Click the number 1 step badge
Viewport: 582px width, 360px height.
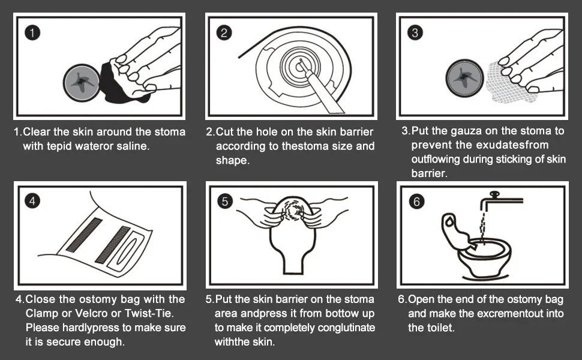click(32, 32)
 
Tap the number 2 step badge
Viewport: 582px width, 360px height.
click(224, 32)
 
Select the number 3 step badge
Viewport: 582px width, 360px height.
click(415, 32)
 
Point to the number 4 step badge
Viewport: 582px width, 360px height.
click(32, 201)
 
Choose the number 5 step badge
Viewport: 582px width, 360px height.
click(224, 201)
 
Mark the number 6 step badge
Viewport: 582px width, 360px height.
click(416, 202)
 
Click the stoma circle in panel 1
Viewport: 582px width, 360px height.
click(81, 82)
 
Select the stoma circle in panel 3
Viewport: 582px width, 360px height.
click(464, 79)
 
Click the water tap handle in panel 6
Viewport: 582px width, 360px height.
click(494, 194)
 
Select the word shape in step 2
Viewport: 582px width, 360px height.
click(233, 161)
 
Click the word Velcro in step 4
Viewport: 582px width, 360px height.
click(91, 313)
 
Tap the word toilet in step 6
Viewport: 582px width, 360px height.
click(439, 328)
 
